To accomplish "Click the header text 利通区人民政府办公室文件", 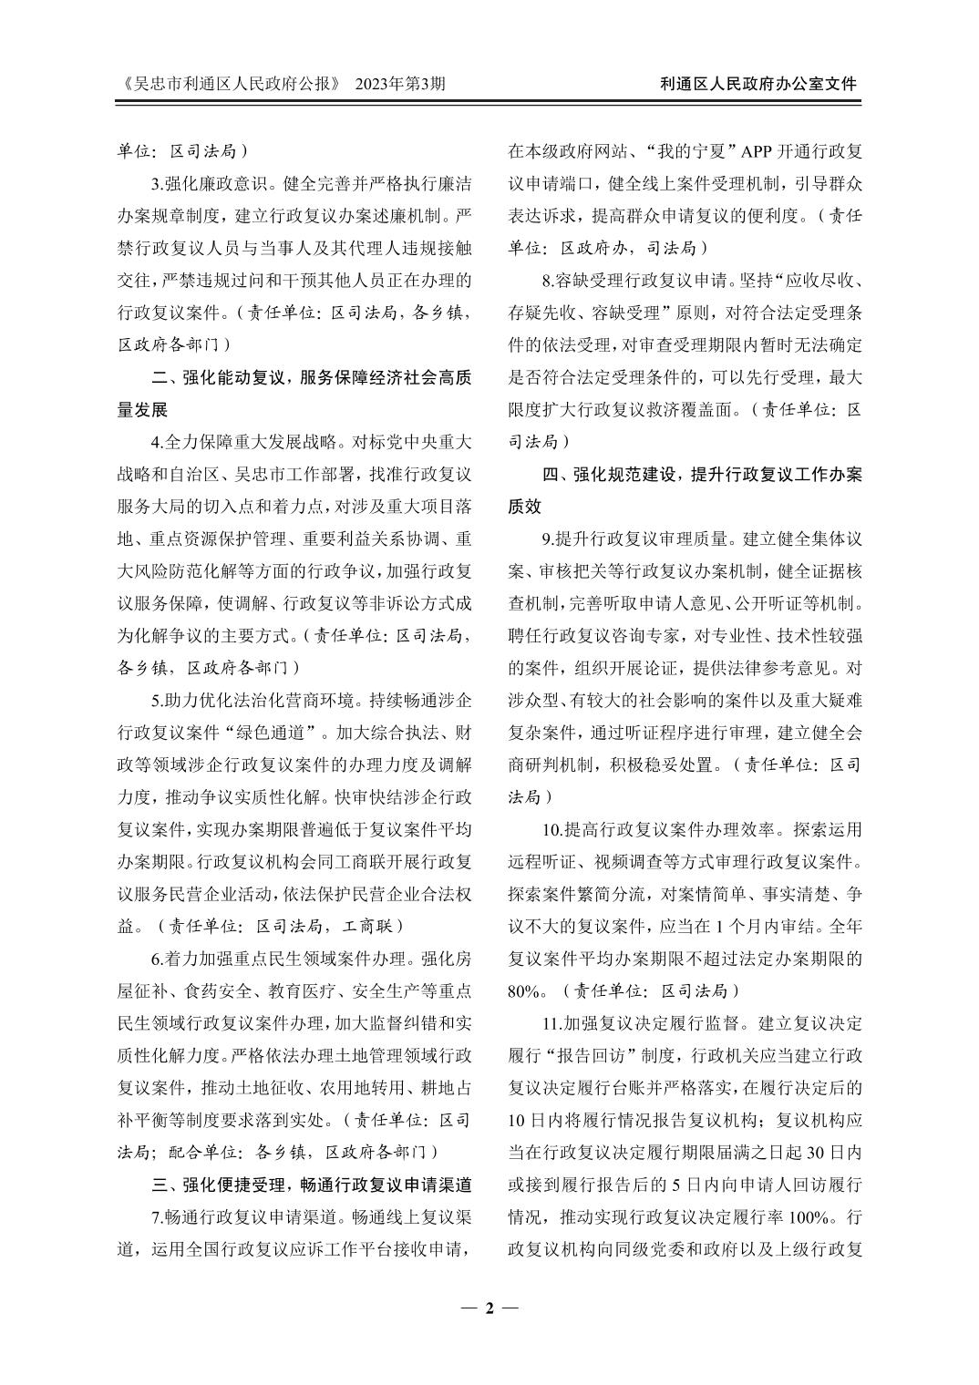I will (x=758, y=84).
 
